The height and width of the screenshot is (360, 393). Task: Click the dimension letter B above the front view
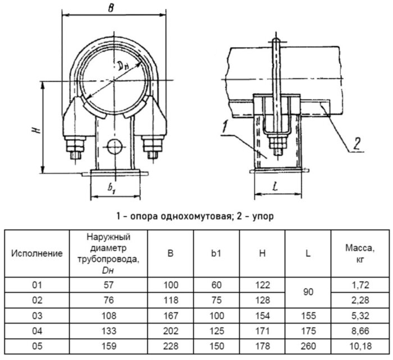pos(111,7)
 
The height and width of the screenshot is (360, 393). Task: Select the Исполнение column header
pos(37,253)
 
